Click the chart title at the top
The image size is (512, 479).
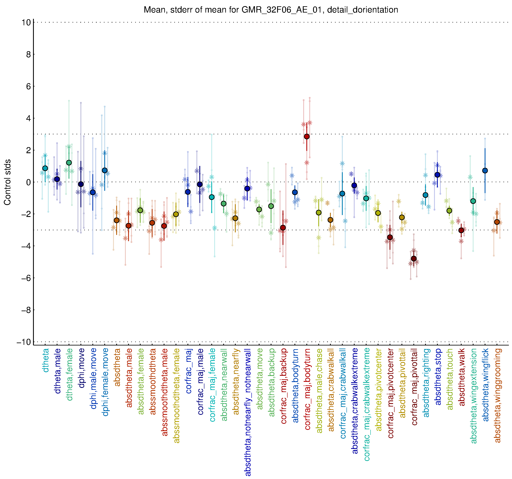point(271,10)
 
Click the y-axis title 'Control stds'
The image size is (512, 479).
point(7,182)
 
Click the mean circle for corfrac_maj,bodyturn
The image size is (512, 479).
point(307,136)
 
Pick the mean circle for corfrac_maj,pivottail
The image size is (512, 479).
point(414,259)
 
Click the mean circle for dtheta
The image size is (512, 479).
point(45,168)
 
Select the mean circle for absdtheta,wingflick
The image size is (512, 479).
point(485,171)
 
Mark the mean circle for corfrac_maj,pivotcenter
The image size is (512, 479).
point(390,237)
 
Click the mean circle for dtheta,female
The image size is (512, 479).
point(69,163)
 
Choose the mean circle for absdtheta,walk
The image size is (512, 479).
point(461,230)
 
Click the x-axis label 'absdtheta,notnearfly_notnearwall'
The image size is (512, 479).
point(248,412)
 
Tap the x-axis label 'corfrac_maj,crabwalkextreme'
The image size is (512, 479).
point(367,404)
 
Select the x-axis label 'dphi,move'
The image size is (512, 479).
point(81,368)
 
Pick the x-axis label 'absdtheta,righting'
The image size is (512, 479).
point(426,383)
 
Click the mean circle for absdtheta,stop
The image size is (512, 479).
point(437,175)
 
